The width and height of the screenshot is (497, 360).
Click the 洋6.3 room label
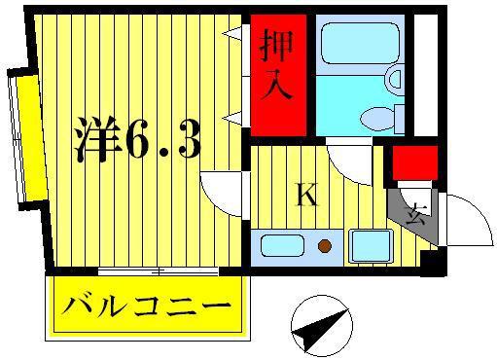click(138, 139)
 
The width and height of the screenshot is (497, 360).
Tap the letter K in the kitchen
click(306, 195)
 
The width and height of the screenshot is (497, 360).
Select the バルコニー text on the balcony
click(147, 306)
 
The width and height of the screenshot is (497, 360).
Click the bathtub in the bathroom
click(360, 44)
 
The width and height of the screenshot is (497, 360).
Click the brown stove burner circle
click(325, 246)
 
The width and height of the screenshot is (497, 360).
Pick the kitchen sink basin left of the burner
click(282, 245)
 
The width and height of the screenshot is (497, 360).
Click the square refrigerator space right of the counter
click(372, 245)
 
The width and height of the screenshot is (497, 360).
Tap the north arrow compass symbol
click(322, 326)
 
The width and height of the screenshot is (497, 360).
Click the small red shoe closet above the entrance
click(415, 162)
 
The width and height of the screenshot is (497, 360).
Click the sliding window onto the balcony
click(158, 271)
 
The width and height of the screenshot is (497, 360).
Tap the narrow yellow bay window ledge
click(33, 138)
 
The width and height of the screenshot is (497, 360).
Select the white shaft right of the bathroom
click(426, 75)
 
